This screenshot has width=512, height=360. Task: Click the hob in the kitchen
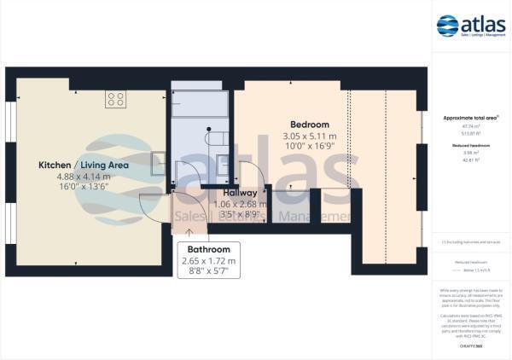115,99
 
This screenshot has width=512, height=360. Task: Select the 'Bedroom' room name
310,125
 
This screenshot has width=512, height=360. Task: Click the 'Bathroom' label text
208,249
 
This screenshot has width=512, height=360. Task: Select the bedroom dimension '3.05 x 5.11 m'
310,136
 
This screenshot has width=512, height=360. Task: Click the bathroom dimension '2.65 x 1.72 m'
208,260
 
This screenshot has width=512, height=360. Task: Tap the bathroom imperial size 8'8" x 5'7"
208,271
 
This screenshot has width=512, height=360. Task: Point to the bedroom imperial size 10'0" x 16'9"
310,147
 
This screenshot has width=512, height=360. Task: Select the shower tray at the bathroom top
200,104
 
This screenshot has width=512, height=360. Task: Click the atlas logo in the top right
471,26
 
